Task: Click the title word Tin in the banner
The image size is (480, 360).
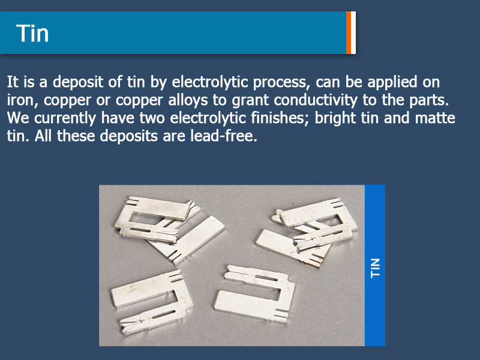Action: coord(32,33)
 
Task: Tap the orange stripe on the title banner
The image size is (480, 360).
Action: coord(349,33)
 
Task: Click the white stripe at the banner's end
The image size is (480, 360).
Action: coord(353,33)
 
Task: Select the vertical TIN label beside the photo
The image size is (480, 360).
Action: coord(375,268)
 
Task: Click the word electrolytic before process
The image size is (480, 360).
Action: coord(209,83)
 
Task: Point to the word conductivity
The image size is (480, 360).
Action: coord(316,100)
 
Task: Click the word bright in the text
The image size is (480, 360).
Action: coord(335,118)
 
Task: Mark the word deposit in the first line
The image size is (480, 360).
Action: coord(78,83)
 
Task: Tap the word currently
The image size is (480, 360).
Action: coord(65,118)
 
